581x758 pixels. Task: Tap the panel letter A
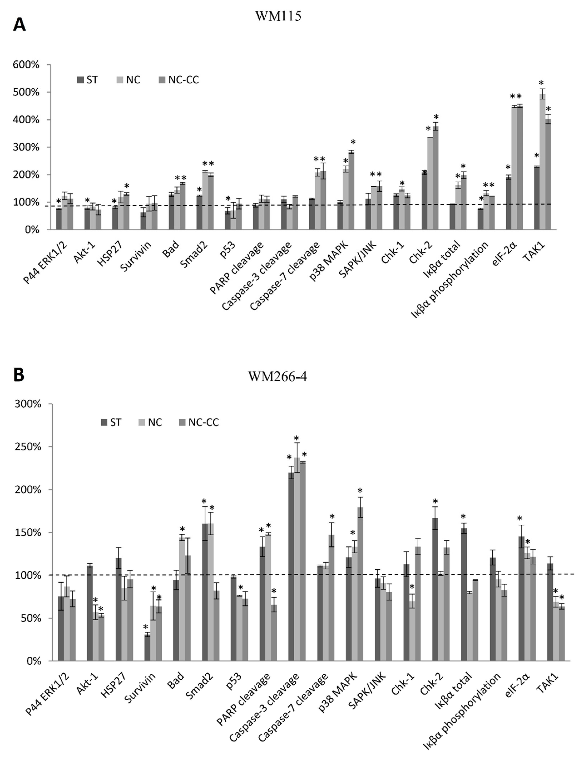(x=19, y=25)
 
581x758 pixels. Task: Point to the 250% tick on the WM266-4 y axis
(x=28, y=447)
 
